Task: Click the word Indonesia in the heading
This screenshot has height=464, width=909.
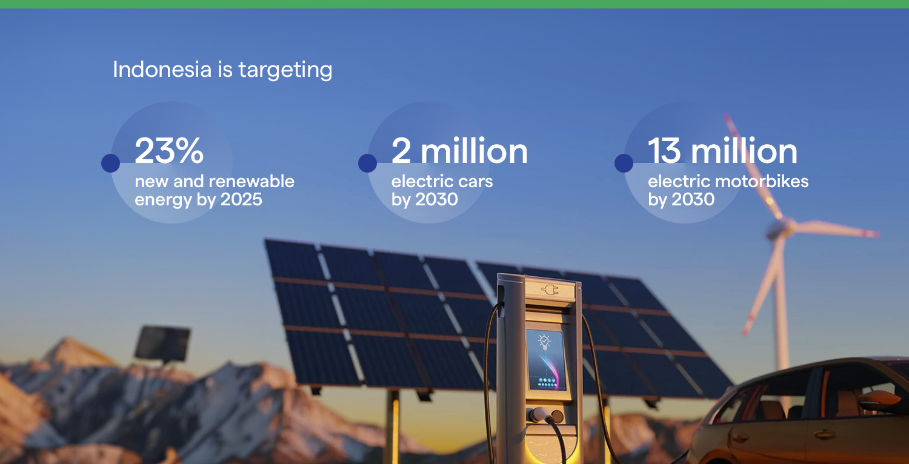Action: click(162, 69)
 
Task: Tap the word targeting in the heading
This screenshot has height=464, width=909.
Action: click(285, 70)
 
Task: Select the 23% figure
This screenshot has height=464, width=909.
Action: click(169, 150)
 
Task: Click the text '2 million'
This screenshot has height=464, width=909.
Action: click(459, 150)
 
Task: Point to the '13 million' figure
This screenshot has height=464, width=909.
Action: click(722, 150)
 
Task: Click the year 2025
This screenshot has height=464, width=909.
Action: click(241, 199)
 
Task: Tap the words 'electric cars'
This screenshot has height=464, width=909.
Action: click(442, 181)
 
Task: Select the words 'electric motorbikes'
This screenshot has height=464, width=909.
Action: click(728, 181)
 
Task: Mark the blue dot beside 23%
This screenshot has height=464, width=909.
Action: click(110, 163)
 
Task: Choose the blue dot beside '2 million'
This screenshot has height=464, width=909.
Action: click(367, 163)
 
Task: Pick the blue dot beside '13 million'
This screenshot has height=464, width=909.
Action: click(624, 163)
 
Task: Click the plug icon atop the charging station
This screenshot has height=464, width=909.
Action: click(550, 290)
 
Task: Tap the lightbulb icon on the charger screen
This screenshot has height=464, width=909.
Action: click(544, 342)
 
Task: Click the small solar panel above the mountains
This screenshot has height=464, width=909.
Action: click(162, 343)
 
